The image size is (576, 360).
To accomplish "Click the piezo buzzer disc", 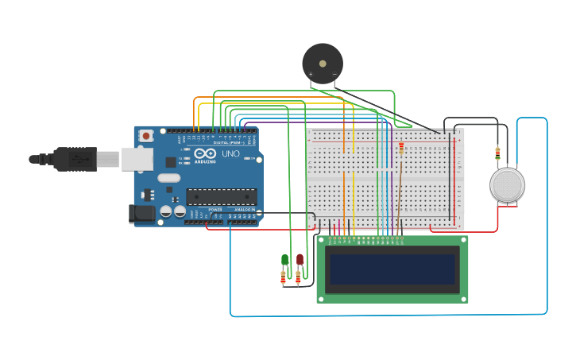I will click(x=323, y=63).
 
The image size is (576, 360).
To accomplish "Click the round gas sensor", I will click(x=507, y=184).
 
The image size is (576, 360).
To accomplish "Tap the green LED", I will click(x=284, y=260).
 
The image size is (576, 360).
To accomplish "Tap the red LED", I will click(x=300, y=259).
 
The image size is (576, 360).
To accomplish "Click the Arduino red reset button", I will click(x=147, y=136).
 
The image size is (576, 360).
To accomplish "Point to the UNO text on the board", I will click(x=230, y=153).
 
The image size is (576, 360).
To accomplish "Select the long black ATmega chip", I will click(x=221, y=196).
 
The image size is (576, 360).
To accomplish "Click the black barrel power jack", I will click(x=141, y=213).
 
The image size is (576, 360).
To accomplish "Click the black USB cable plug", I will click(x=76, y=159).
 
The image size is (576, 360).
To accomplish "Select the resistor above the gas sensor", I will click(x=497, y=152).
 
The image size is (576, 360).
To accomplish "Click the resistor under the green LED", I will click(x=283, y=277).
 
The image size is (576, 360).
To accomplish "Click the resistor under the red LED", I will click(x=298, y=277).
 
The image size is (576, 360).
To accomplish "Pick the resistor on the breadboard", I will click(x=401, y=148).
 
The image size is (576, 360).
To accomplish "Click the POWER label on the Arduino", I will click(x=215, y=210).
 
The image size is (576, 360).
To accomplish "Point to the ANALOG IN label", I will click(x=245, y=210).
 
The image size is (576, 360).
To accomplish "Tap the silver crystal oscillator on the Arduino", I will click(x=169, y=178).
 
